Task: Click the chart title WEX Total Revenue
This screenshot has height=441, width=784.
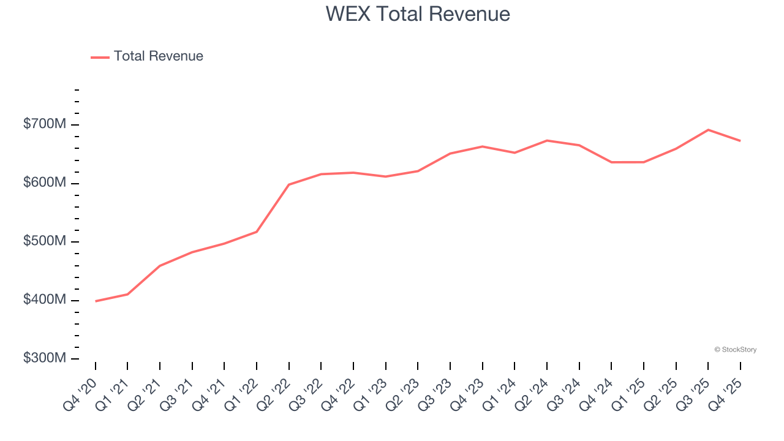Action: pos(418,14)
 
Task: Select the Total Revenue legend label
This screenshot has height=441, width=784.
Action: pos(158,56)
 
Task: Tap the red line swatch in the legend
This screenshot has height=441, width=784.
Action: pos(100,57)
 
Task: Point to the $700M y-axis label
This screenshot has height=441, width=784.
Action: pos(45,124)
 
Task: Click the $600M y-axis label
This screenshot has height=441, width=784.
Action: pos(45,183)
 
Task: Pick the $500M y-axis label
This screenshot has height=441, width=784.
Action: pos(45,241)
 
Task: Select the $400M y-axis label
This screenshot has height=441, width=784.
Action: pos(45,300)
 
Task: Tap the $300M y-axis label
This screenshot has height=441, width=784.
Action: pos(45,358)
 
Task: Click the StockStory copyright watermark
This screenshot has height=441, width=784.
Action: pos(735,350)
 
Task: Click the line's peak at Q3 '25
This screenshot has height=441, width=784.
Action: pos(708,130)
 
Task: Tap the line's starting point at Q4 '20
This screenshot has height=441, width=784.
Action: pos(96,301)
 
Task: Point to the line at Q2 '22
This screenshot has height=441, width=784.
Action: pos(289,184)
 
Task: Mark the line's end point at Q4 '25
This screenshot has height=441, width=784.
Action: pos(740,141)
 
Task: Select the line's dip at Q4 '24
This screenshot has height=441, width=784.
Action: pos(611,162)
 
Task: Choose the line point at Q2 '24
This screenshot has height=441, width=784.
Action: pos(547,141)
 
